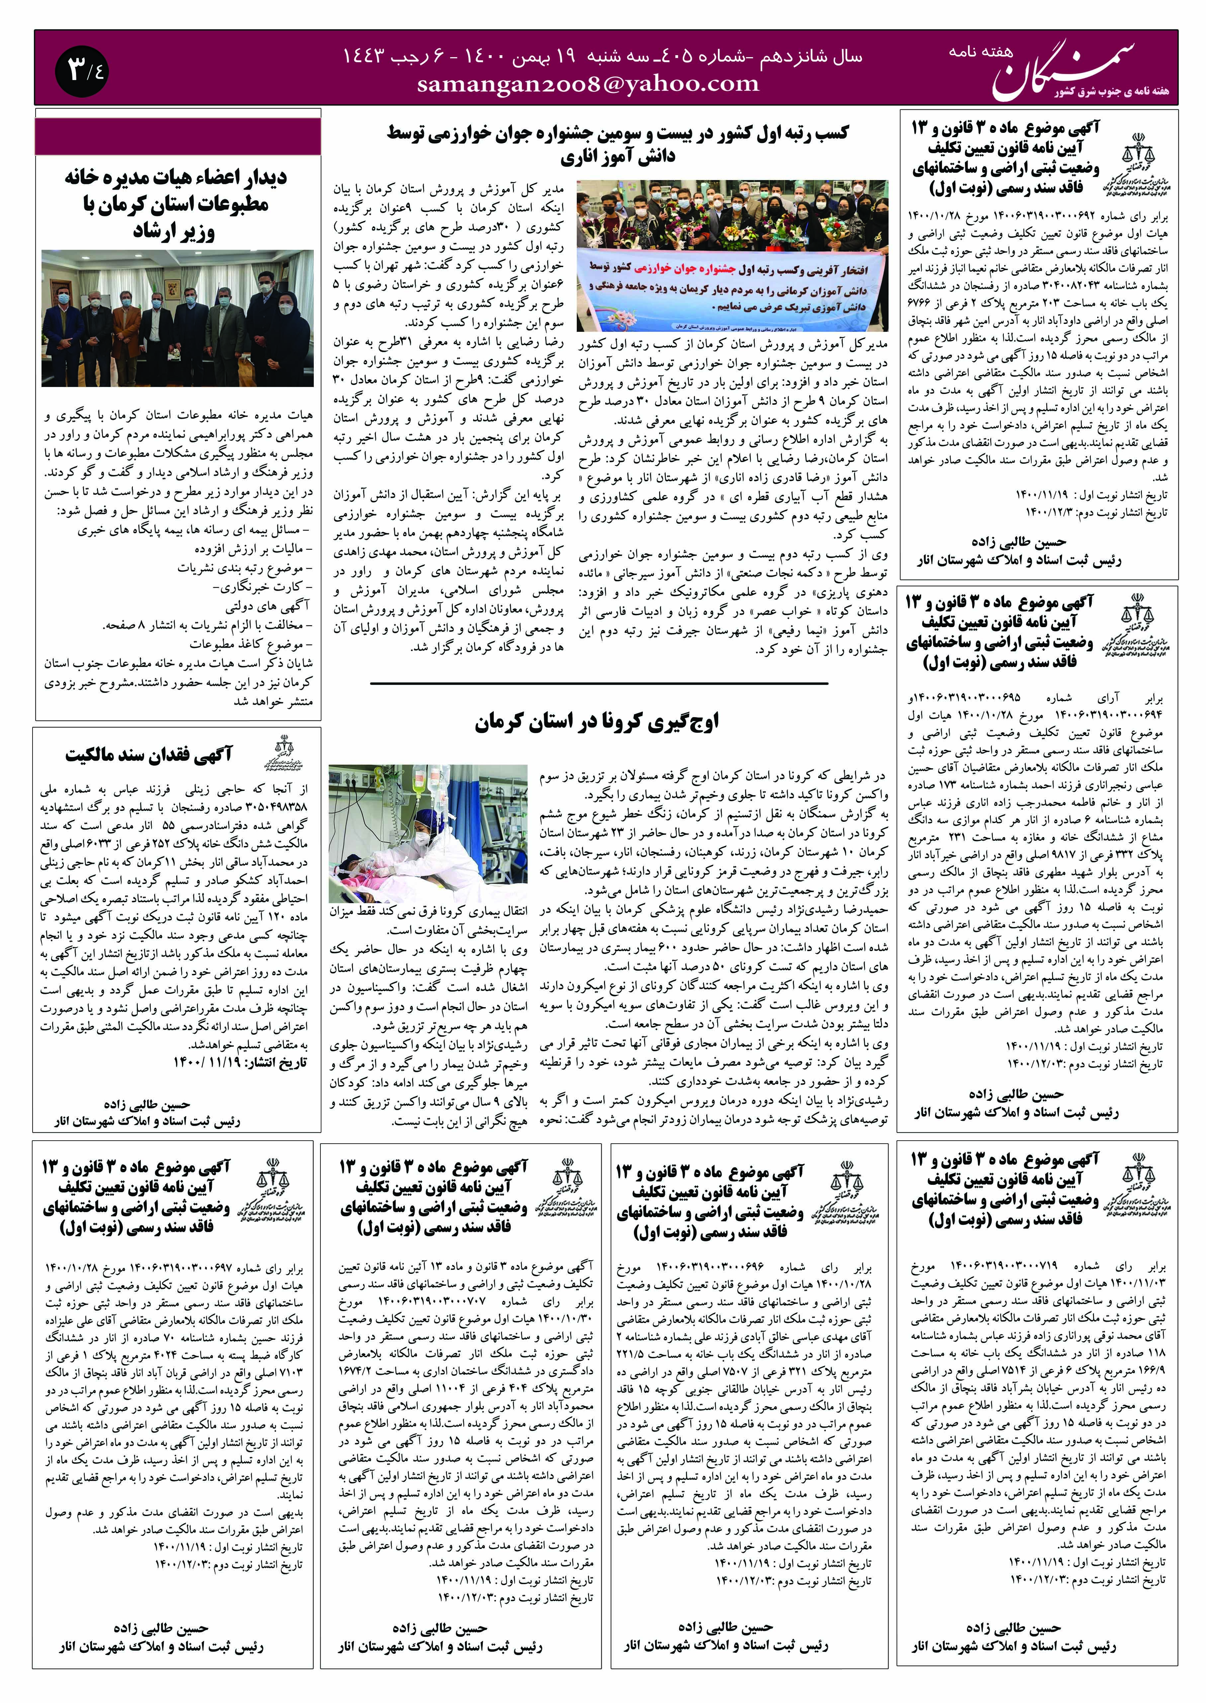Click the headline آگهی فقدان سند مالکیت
(148, 755)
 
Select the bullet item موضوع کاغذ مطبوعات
(249, 644)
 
